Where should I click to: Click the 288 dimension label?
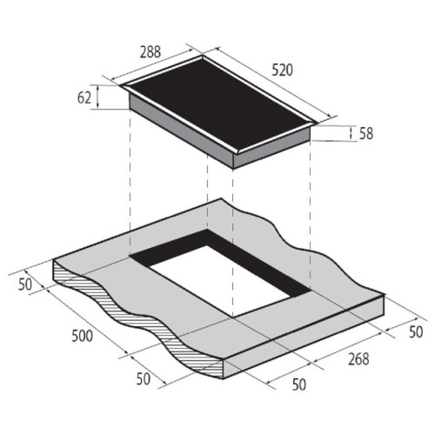tap(151, 52)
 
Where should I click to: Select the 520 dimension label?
tap(282, 70)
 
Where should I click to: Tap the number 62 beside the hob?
tap(84, 97)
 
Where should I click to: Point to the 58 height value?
tap(366, 134)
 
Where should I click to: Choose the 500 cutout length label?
tap(83, 336)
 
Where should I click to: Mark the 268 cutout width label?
tap(358, 358)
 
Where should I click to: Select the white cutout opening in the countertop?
tap(220, 281)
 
